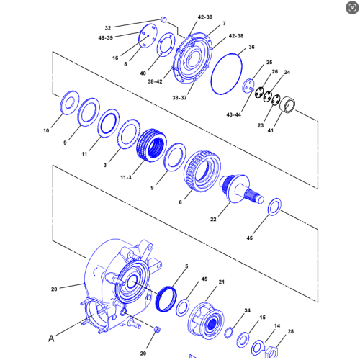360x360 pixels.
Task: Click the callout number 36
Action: [x=251, y=47]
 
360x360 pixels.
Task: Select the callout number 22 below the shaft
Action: [x=213, y=220]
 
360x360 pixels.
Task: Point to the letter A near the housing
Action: [x=51, y=338]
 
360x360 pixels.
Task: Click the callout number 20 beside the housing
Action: [x=54, y=289]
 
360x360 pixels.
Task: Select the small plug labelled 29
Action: [x=157, y=329]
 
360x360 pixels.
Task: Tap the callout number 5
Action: [x=186, y=266]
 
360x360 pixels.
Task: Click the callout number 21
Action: [x=222, y=282]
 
